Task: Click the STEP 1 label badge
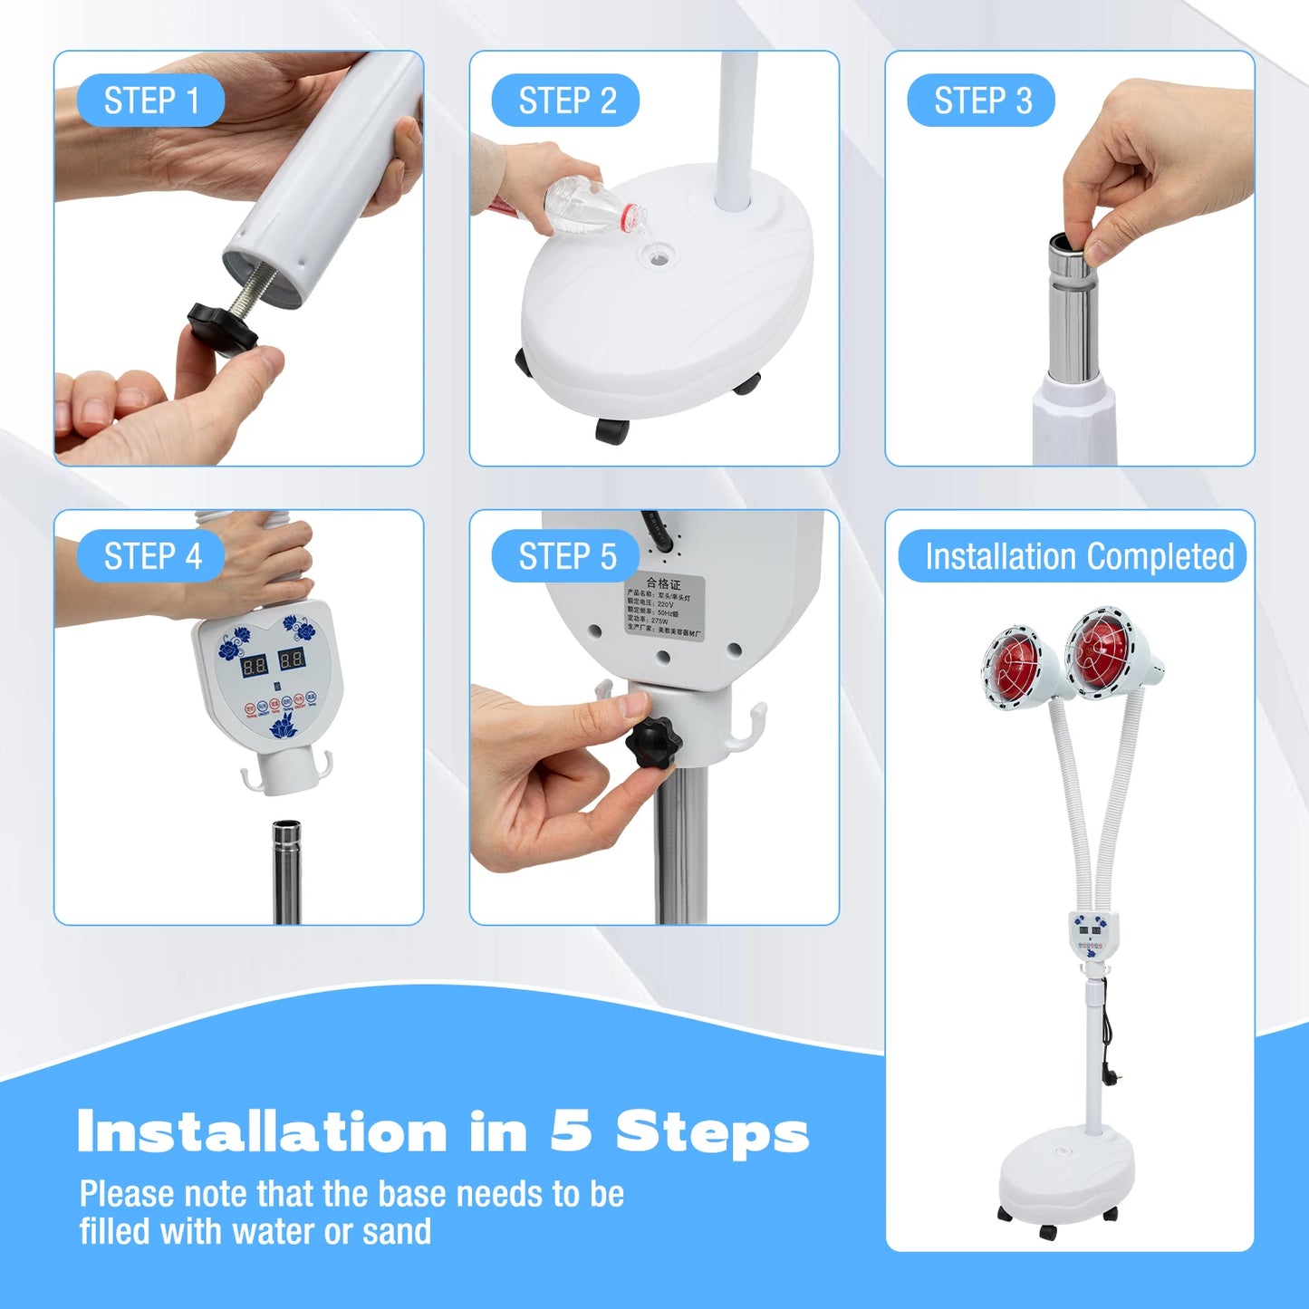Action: [x=150, y=101]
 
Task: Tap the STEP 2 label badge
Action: [x=566, y=101]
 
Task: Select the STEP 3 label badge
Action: [x=982, y=101]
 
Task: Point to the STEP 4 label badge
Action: [x=151, y=556]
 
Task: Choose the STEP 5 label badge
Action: [x=566, y=556]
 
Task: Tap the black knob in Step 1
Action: [x=221, y=328]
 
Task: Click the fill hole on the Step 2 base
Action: [x=659, y=257]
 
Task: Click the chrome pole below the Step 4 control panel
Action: [x=286, y=870]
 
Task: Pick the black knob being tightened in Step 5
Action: [x=653, y=743]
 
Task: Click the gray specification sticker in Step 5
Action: [x=663, y=607]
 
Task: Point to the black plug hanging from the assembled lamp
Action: [x=1110, y=1073]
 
